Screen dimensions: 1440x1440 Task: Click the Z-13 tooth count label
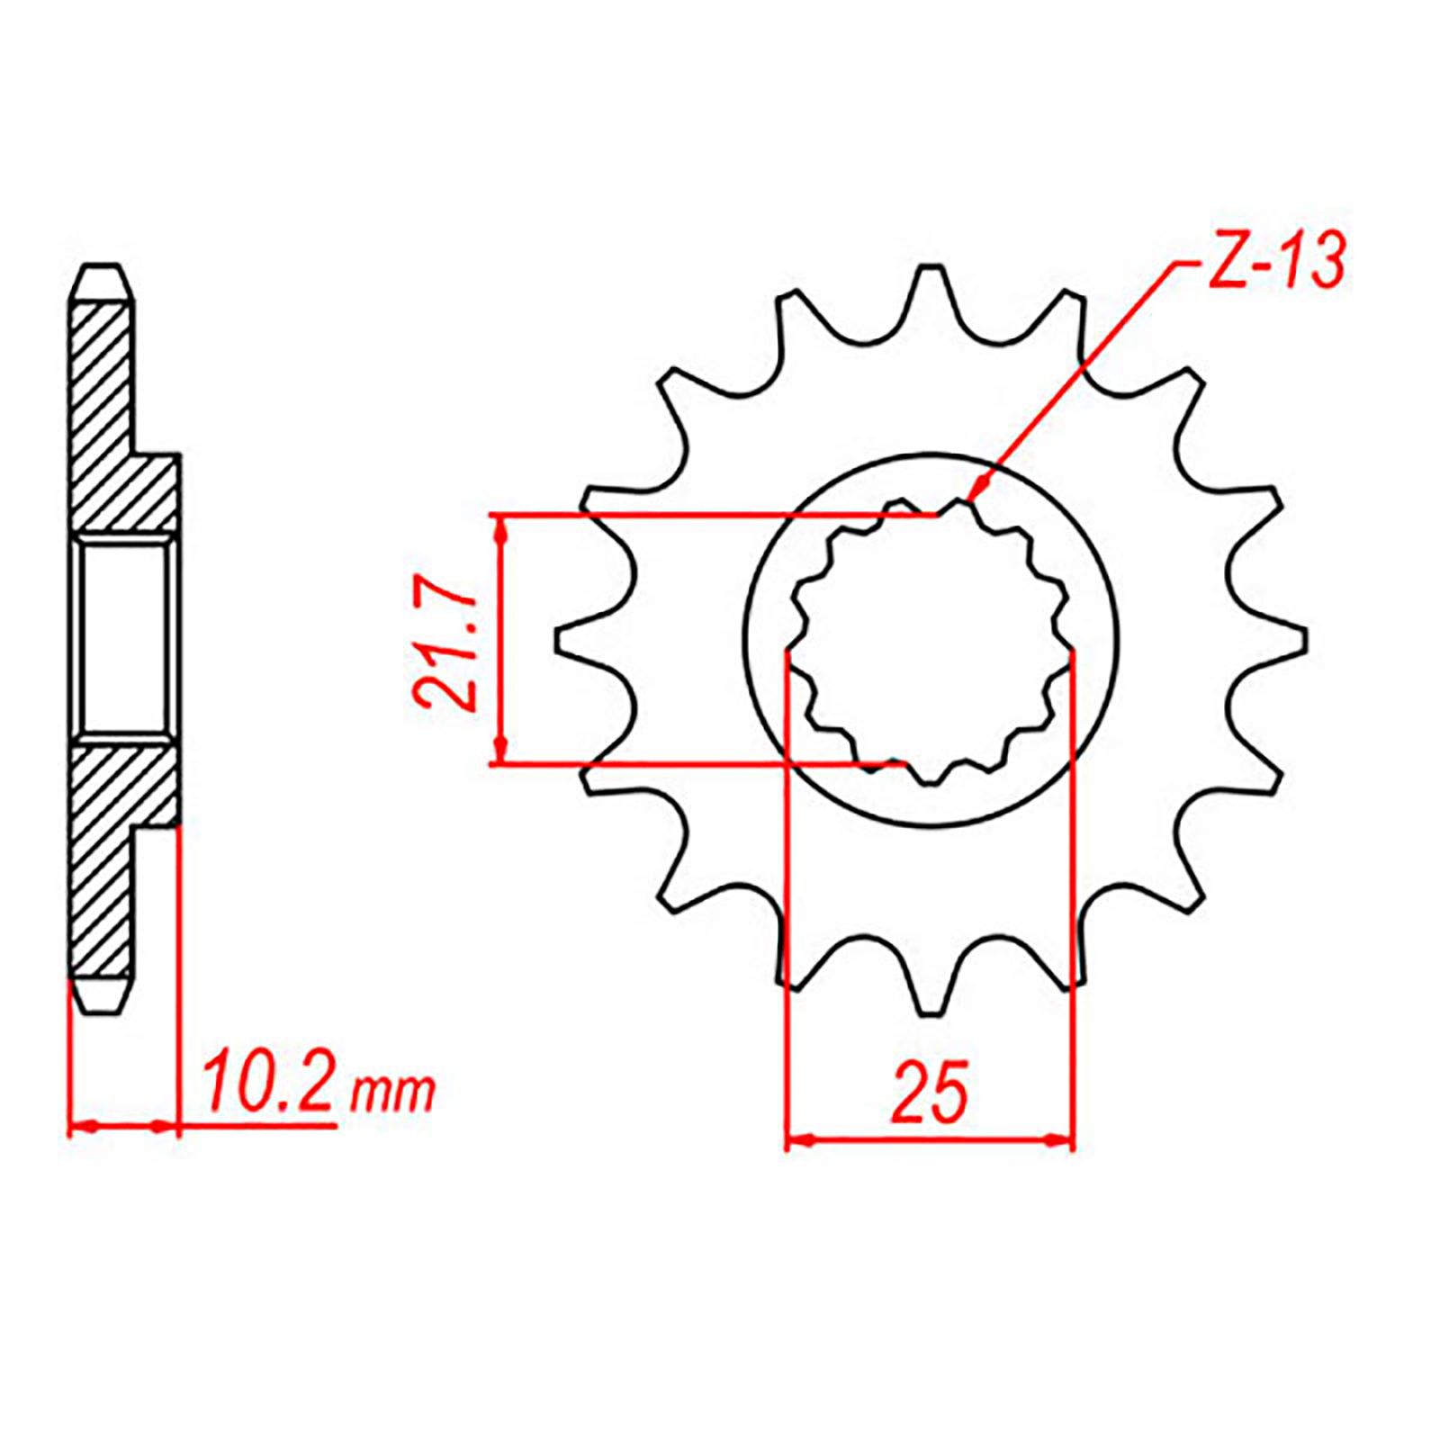[1275, 262]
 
